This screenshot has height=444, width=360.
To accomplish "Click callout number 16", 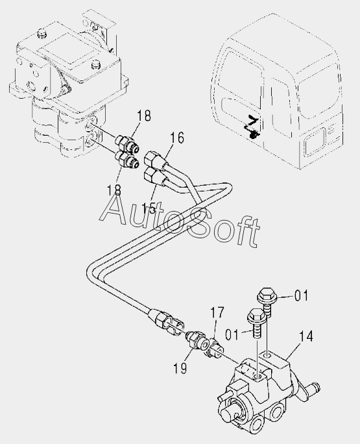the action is coord(177,138).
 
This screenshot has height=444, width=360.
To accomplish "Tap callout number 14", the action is coord(306,336).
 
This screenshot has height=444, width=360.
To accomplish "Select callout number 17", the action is coord(217,313).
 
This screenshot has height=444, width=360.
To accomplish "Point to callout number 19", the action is coord(180,368).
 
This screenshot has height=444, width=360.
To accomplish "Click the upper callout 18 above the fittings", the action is coord(144,116).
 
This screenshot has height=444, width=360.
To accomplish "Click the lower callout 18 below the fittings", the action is coord(114,190).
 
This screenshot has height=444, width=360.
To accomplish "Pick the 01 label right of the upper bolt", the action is coord(301,296).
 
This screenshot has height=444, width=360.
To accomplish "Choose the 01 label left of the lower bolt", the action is coord(232,334).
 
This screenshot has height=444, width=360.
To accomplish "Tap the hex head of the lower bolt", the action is coord(256,315).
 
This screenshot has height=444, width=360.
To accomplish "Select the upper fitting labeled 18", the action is coord(127,143).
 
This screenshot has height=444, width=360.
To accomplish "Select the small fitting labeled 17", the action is coord(214,347).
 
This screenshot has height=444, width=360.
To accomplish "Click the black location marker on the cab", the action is coord(252,127).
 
